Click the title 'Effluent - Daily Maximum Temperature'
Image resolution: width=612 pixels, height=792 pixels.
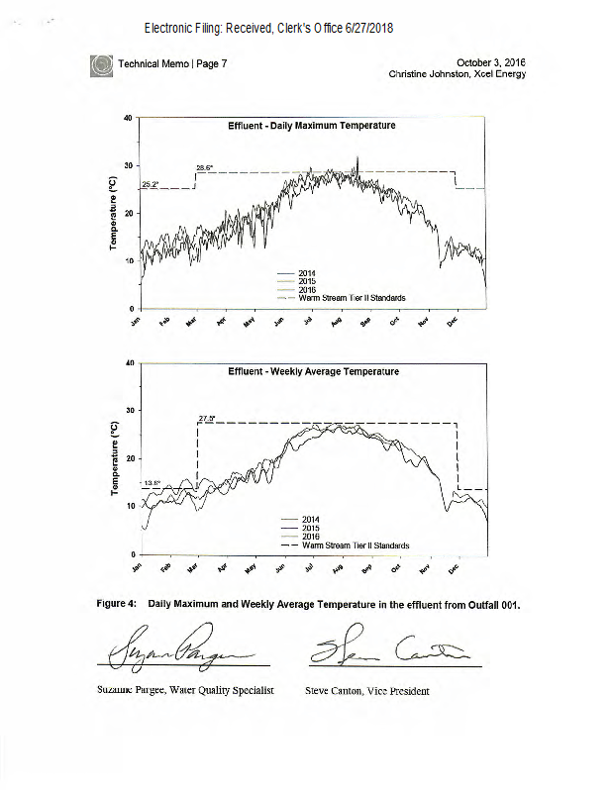(312, 126)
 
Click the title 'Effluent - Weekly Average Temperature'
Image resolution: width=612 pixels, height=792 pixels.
(313, 371)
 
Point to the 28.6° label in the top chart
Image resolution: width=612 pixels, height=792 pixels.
(204, 167)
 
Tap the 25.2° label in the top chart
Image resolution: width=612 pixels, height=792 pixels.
(151, 184)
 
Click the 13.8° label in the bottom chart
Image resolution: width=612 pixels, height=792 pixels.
(152, 483)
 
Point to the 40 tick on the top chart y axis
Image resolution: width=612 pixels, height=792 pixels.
(128, 118)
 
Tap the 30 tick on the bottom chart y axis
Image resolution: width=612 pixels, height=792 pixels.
(128, 410)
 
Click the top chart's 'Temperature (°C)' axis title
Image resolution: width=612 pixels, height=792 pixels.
(117, 213)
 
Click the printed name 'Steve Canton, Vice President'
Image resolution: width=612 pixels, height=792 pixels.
(367, 691)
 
